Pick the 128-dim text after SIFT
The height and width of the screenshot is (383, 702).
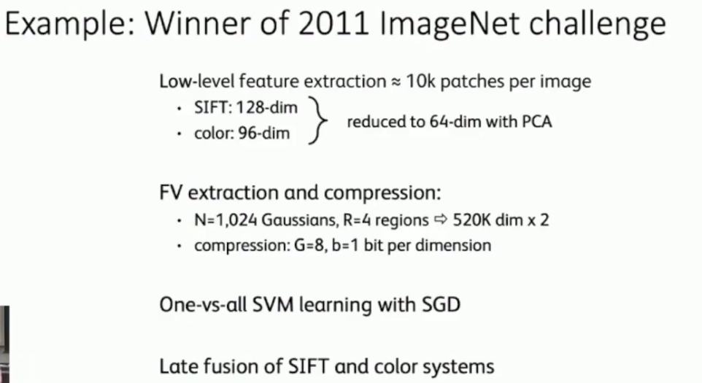coord(268,108)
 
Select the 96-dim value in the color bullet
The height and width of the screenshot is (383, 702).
coord(263,134)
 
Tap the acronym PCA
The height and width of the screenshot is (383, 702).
coord(536,121)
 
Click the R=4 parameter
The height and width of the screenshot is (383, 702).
coord(345,220)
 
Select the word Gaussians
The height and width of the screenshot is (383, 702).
coord(285,220)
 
